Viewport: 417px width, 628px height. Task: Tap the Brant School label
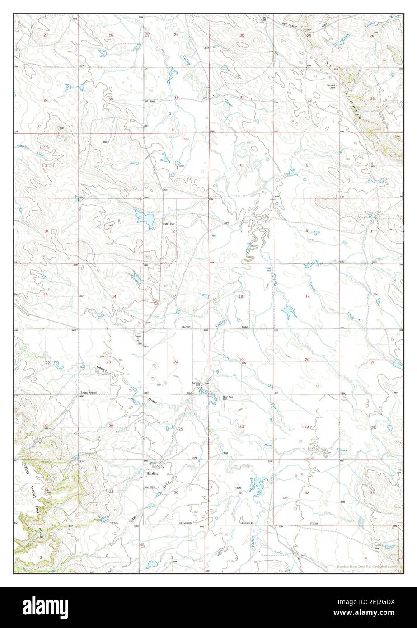[89, 393]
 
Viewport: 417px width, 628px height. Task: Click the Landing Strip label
[197, 384]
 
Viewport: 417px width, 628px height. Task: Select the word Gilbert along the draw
[133, 520]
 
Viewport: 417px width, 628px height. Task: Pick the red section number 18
[241, 296]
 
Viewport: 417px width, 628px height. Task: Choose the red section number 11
[111, 231]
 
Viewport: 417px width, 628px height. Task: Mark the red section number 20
[307, 359]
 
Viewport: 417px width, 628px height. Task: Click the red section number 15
[45, 294]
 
